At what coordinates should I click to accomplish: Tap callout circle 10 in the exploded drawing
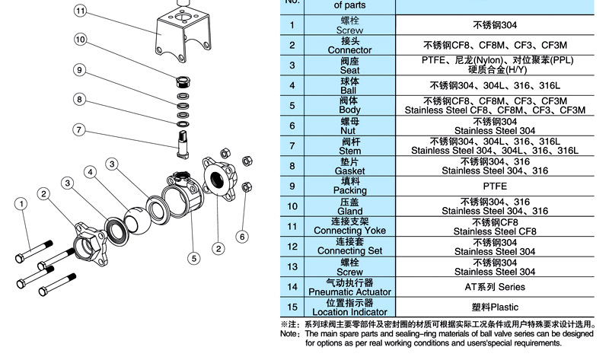coord(81,39)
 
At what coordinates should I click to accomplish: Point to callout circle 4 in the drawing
coord(90,173)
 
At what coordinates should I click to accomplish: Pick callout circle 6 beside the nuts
coord(242,237)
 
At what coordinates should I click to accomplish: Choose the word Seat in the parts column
coord(349,70)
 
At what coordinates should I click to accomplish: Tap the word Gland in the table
coord(349,211)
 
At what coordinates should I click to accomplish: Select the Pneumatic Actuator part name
coord(349,292)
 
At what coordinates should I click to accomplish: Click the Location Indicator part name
coord(349,312)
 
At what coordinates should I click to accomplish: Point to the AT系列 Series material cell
coord(494,287)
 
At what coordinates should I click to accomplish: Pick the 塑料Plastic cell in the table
coord(494,307)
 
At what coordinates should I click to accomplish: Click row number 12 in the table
coord(292,246)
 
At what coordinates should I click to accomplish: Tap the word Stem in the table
coord(349,151)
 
